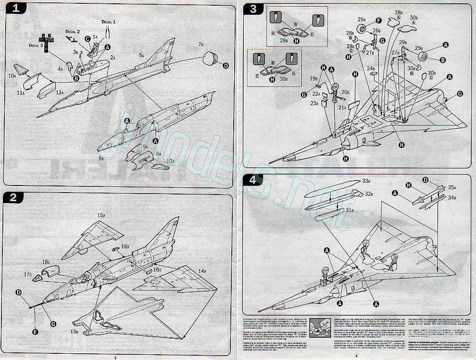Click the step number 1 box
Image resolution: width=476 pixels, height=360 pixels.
(x=15, y=9)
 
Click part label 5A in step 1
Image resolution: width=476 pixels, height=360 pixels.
(x=141, y=56)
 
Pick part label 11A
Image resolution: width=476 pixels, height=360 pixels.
(x=21, y=94)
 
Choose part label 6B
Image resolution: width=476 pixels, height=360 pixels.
(x=101, y=158)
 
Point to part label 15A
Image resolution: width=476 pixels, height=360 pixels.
(x=101, y=215)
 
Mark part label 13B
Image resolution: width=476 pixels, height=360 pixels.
(x=75, y=331)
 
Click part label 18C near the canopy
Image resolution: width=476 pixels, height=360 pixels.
(x=46, y=262)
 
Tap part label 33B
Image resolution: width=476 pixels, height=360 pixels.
(x=366, y=181)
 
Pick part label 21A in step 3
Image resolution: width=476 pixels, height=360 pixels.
(x=342, y=108)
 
